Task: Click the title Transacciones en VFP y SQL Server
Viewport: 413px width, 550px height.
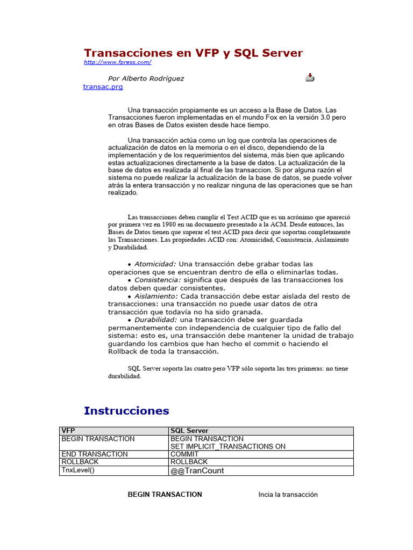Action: click(x=193, y=53)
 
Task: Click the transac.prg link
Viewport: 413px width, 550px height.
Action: click(x=103, y=86)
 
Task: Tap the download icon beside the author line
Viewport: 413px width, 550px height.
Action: click(x=310, y=77)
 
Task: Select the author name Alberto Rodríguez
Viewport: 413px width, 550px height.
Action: click(x=153, y=78)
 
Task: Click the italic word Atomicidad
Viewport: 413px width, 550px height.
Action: click(x=155, y=264)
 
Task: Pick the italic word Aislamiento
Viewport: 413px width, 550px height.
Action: click(x=156, y=296)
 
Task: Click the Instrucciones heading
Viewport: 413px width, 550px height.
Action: click(x=126, y=411)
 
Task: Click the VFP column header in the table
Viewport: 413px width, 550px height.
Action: click(x=68, y=431)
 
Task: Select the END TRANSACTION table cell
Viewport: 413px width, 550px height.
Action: click(x=95, y=454)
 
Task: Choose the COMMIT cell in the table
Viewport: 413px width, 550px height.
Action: click(x=184, y=454)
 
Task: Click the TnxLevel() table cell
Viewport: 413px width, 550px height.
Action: click(x=78, y=470)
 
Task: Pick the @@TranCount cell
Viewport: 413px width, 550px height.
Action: click(x=197, y=471)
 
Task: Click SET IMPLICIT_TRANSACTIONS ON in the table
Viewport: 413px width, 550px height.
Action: click(x=227, y=446)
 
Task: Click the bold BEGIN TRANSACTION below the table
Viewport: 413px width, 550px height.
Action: click(x=165, y=495)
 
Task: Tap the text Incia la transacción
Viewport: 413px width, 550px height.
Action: click(x=288, y=495)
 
